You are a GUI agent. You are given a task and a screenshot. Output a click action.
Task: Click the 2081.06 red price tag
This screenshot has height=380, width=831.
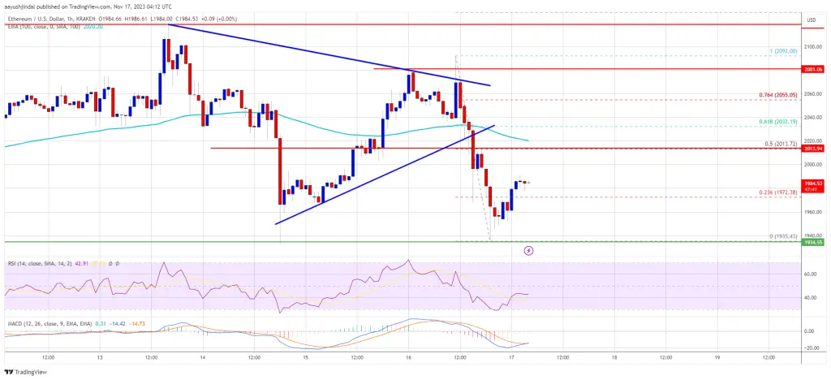click(x=814, y=69)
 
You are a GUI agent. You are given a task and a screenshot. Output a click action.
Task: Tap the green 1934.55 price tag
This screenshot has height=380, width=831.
click(x=814, y=242)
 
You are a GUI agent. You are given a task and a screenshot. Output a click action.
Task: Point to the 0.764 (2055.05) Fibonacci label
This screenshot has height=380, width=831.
click(x=779, y=95)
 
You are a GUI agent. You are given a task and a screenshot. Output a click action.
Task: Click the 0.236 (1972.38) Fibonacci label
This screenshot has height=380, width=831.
click(x=779, y=192)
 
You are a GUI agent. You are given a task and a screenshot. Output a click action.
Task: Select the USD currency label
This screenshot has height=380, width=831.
click(x=812, y=18)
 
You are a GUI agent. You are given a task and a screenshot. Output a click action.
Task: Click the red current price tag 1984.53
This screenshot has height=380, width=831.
click(x=814, y=184)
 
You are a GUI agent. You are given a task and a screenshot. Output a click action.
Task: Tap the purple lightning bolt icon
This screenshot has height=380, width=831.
click(x=529, y=251)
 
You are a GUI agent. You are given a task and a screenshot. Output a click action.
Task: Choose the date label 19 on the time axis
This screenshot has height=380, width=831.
click(x=717, y=356)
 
